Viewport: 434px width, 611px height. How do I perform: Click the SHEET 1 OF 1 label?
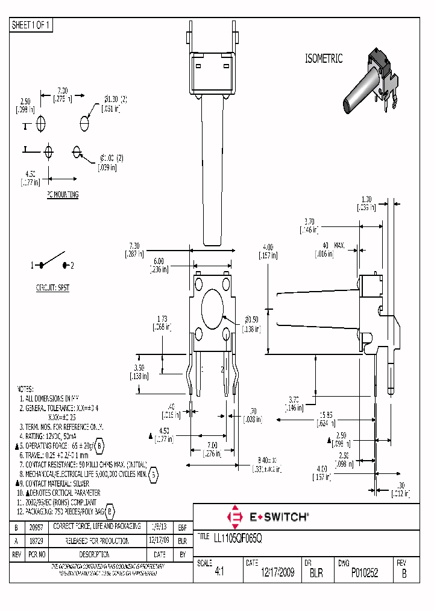tap(32, 25)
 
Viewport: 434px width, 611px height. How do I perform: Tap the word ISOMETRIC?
tap(323, 59)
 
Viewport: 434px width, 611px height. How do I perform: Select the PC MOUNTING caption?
tap(63, 195)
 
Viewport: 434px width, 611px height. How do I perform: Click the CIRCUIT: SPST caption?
tap(54, 288)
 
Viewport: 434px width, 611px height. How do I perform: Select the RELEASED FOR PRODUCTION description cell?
tap(97, 540)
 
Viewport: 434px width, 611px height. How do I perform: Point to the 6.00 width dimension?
tap(158, 261)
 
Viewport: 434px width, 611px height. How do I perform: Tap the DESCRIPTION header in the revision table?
tap(97, 554)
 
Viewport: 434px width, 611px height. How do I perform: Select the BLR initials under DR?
tap(317, 573)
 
